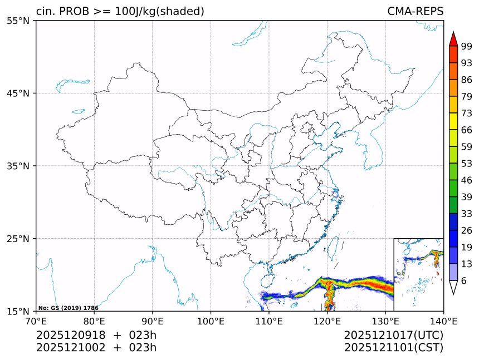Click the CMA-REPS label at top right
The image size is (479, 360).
point(415,11)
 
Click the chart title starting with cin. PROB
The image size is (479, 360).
point(120,11)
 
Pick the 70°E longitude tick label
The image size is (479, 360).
point(36,320)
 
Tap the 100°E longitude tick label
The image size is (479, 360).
point(211,320)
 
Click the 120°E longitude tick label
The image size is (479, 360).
point(327,320)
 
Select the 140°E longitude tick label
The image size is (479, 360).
point(443,320)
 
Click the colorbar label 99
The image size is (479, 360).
point(466,47)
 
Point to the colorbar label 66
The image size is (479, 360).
point(466,130)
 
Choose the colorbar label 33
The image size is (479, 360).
point(466,214)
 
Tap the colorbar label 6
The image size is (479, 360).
point(463,281)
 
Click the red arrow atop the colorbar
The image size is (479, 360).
point(453,39)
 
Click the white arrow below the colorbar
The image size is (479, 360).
point(453,287)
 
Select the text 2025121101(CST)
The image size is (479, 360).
point(393,348)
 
